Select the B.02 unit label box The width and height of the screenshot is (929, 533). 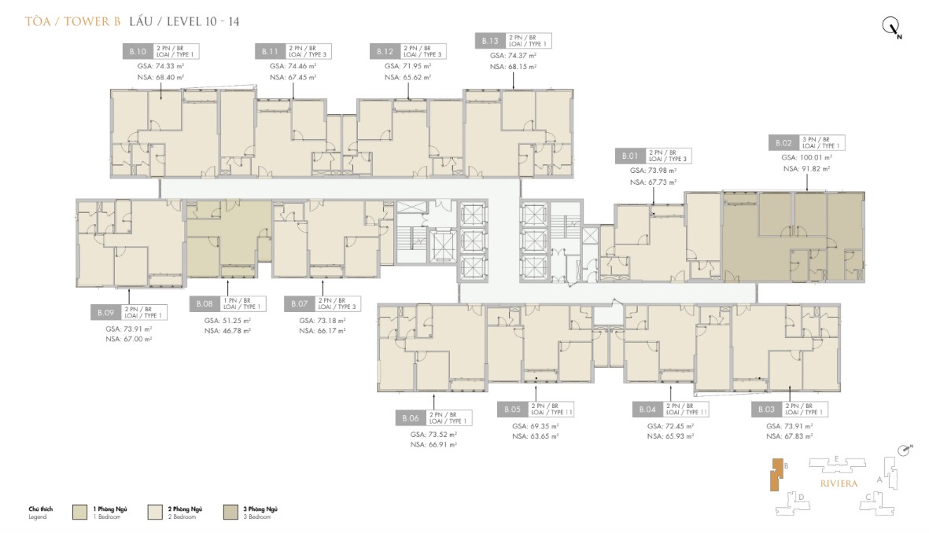(x=783, y=143)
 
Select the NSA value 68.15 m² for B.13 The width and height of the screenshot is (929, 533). (x=513, y=67)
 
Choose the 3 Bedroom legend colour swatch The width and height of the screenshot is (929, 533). (x=233, y=512)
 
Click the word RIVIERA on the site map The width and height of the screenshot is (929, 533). (x=839, y=483)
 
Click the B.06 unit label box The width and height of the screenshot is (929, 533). (x=410, y=417)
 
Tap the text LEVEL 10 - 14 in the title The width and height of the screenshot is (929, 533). (x=201, y=22)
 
